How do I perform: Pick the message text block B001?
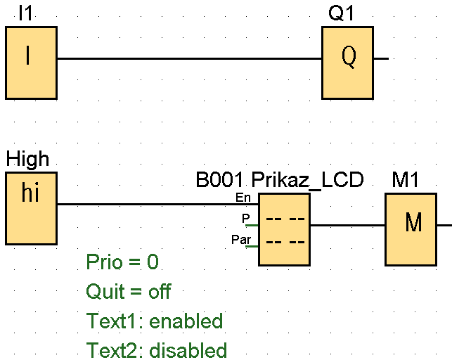(284, 229)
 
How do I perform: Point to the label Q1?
(342, 13)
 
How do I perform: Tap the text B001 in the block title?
(219, 181)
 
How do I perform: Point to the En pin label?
(243, 197)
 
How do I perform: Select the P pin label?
(245, 218)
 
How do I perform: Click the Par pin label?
(240, 240)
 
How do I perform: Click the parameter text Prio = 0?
(122, 262)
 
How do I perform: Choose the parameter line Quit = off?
(128, 291)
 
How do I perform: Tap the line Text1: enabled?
(154, 321)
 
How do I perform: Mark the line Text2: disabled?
(156, 350)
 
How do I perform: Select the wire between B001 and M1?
(347, 226)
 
